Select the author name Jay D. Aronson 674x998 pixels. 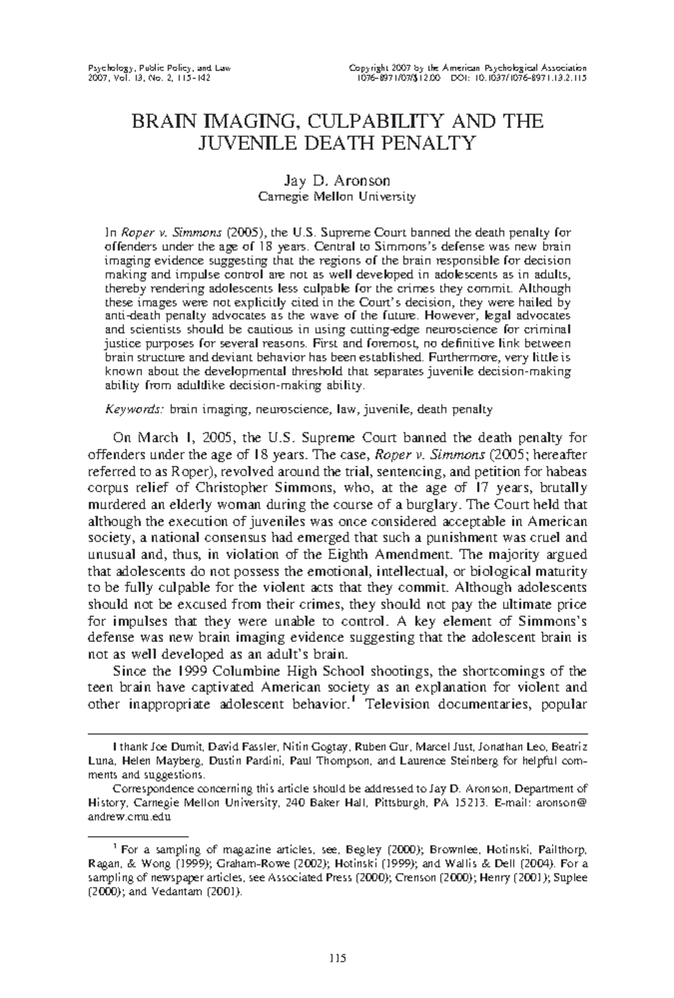(x=336, y=181)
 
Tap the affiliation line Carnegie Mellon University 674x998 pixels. (x=336, y=197)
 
